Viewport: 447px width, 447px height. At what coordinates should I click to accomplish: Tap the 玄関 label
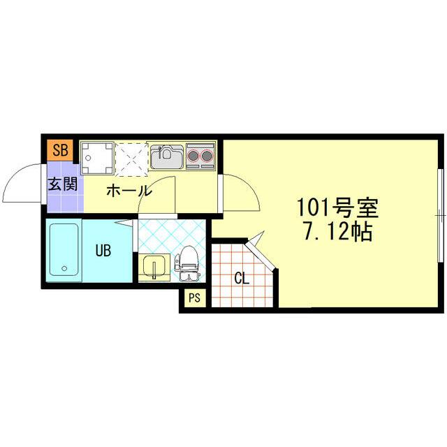pos(61,186)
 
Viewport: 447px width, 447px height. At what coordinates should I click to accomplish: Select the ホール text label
pos(128,190)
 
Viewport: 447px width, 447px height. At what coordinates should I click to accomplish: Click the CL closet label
pos(242,279)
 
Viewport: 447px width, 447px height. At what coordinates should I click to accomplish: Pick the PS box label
pos(194,298)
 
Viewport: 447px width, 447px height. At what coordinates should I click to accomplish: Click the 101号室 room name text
pos(337,207)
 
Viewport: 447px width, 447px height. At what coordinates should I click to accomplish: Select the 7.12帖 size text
pos(337,233)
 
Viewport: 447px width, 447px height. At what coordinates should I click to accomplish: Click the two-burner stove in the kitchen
pos(201,155)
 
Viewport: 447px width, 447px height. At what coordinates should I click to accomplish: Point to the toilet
pos(188,263)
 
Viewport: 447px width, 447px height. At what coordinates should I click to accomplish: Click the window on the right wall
pos(441,217)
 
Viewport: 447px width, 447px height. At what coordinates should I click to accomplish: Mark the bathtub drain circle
pos(64,268)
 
